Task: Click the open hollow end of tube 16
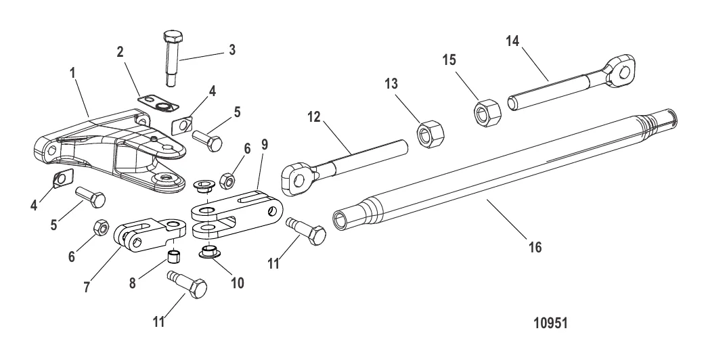click(x=340, y=217)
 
